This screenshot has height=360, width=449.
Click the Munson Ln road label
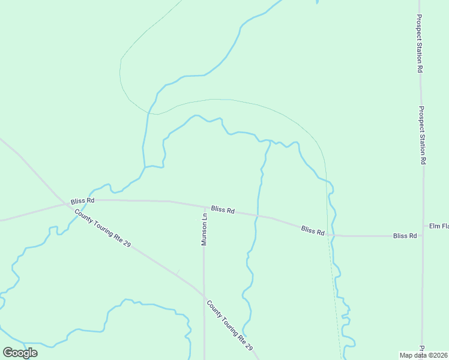(x=204, y=230)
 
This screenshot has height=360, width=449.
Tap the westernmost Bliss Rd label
(x=82, y=201)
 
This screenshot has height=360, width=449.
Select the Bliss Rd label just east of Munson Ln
(x=223, y=210)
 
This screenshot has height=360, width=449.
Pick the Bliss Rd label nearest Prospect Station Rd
(x=405, y=236)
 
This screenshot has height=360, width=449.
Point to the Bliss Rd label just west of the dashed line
(x=313, y=230)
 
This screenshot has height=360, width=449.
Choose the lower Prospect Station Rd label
(x=422, y=136)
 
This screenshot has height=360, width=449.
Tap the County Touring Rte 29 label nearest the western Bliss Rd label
(x=102, y=228)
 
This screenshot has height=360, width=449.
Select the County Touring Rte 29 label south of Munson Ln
(x=230, y=326)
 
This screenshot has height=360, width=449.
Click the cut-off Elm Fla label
(x=438, y=226)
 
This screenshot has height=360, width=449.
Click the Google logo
(x=20, y=353)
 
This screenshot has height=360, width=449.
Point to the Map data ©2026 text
(x=424, y=355)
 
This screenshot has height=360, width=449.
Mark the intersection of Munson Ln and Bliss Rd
(x=203, y=207)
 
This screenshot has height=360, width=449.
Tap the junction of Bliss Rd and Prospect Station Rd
(x=423, y=236)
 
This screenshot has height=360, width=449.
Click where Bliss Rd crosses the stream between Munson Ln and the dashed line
(x=257, y=215)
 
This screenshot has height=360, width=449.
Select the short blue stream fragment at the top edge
(x=316, y=2)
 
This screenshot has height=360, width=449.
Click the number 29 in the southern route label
(x=249, y=347)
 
